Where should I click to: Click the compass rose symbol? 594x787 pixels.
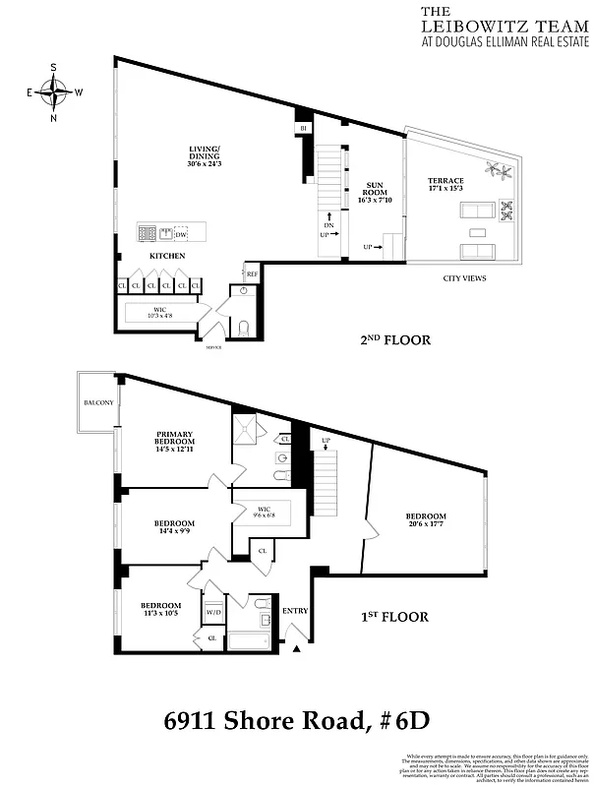pos(55,93)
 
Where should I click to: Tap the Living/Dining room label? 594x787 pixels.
pos(206,156)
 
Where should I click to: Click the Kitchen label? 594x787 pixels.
pos(167,256)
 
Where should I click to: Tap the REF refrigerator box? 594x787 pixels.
pos(252,273)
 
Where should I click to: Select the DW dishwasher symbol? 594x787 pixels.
pos(180,234)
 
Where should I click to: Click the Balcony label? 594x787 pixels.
pos(98,402)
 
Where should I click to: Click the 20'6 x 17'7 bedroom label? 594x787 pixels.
pos(426,521)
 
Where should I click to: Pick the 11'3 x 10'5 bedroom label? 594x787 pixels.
pos(159,610)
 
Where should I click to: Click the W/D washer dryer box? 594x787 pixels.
pos(213,612)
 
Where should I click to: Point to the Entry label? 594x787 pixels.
pos(295,611)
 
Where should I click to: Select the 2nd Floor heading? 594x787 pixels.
pos(395,340)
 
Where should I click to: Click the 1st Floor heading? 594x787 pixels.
pos(393,617)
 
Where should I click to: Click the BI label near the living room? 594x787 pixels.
pos(304,129)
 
